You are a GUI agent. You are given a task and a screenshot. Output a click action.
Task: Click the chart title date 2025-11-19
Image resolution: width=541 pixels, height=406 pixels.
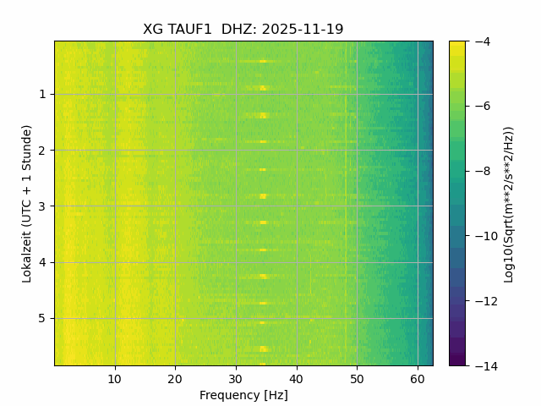[303, 30]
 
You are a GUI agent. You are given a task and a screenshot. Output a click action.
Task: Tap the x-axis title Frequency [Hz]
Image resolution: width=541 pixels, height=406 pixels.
[243, 395]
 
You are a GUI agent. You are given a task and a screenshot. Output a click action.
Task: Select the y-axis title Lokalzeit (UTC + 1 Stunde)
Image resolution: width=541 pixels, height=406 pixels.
[27, 203]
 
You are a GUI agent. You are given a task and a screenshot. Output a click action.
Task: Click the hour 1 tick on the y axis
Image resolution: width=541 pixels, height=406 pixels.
[41, 94]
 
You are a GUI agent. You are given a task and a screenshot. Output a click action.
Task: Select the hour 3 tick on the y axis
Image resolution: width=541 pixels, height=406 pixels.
[41, 206]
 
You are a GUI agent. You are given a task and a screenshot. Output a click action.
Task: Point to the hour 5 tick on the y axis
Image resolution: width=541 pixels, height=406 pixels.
[41, 318]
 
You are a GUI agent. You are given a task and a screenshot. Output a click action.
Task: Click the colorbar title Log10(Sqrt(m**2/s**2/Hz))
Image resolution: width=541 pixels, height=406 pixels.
[509, 203]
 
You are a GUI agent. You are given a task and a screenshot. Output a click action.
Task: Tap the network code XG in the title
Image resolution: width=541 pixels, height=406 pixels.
[152, 30]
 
